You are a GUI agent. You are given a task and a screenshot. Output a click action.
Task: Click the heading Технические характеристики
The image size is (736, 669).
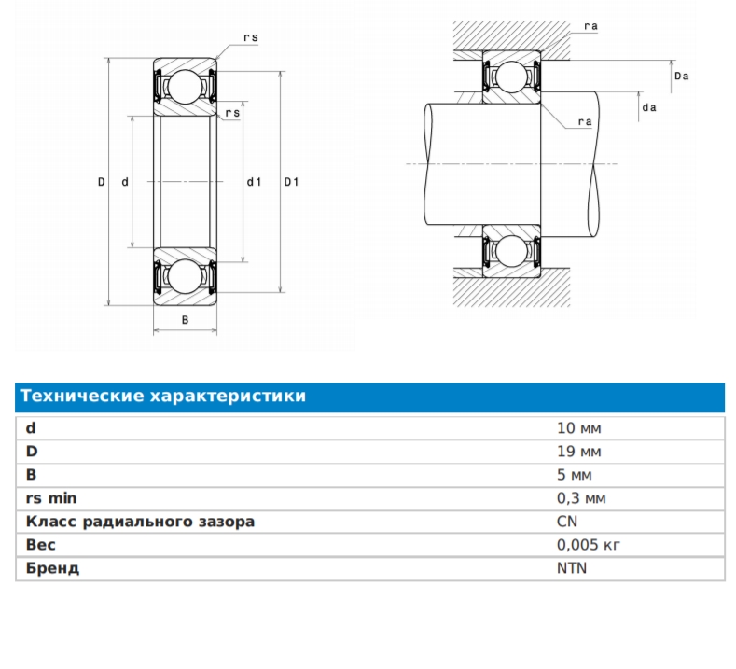pos(163,397)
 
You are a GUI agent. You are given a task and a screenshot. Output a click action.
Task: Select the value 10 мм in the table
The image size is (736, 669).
pos(578,428)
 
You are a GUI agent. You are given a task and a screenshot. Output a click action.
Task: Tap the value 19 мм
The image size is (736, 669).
pos(578,452)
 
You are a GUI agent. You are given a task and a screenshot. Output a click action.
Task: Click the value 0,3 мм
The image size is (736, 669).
pos(581,498)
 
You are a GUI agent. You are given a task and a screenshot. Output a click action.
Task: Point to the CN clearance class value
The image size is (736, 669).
pos(566,522)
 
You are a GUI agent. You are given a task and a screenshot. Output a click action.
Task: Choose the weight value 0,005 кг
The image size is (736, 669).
pos(588,545)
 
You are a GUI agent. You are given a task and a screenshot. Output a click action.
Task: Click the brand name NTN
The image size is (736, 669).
pos(571,568)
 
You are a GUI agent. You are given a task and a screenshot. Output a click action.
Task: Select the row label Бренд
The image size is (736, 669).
pos(52,568)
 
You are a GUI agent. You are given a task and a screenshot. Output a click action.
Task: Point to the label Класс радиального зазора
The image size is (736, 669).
pos(140,522)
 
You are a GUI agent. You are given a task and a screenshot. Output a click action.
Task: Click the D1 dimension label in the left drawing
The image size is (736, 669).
pos(291,182)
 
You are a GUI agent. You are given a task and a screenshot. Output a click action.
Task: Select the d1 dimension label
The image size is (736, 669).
pos(254,182)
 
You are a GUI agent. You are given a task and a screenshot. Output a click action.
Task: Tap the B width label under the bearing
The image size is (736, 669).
pos(185,320)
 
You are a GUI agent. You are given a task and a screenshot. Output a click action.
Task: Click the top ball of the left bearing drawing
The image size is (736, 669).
pos(185,87)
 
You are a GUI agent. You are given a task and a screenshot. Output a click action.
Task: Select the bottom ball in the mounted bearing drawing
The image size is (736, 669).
pos(511,252)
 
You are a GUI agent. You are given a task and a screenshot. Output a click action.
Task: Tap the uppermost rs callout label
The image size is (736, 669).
pos(250,37)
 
